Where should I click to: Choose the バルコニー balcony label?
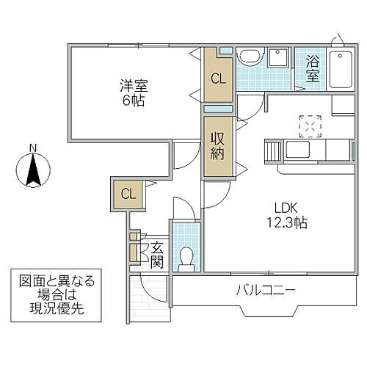click(266, 291)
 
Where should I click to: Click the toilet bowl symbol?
click(186, 258)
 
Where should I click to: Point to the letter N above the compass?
click(32, 149)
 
